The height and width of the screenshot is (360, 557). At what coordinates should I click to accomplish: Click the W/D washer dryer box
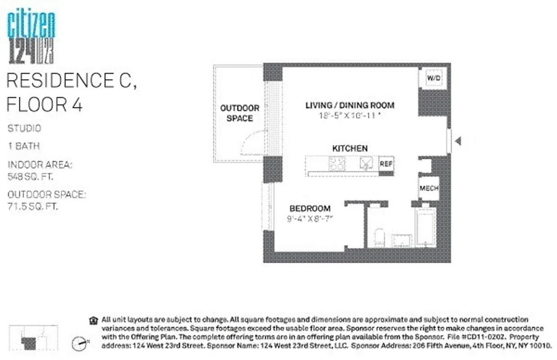click(434, 78)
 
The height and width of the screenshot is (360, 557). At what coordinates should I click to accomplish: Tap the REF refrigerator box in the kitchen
click(386, 164)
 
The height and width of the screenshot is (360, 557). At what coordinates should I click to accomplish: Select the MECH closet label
click(429, 188)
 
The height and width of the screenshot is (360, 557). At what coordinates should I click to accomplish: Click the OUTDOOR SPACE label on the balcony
click(240, 113)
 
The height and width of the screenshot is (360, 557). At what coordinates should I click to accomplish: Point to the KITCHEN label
click(350, 148)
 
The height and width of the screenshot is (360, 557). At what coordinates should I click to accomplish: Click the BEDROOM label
click(310, 208)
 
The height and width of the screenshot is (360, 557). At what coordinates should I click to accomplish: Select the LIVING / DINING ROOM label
click(350, 105)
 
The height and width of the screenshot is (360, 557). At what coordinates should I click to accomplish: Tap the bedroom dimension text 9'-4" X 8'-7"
click(310, 220)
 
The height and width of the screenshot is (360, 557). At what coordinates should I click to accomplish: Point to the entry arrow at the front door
click(458, 142)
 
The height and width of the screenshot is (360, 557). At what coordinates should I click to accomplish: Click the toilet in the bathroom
click(380, 238)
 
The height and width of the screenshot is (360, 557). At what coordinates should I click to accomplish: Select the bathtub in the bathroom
click(425, 227)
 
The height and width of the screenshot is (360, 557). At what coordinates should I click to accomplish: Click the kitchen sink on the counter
click(366, 164)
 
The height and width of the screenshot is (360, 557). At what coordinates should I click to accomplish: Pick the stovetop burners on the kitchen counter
click(337, 164)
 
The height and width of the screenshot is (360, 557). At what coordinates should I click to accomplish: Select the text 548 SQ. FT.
click(30, 176)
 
